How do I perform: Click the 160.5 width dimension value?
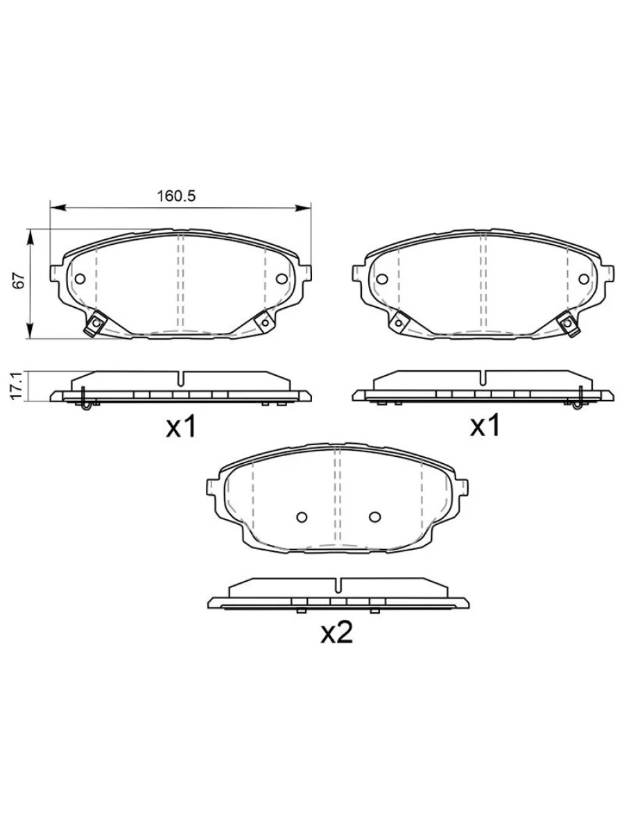click(x=176, y=196)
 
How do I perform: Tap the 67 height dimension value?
click(x=19, y=281)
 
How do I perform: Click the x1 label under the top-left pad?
click(x=181, y=426)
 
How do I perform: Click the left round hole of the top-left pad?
click(x=80, y=279)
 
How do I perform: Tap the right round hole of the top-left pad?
click(x=281, y=279)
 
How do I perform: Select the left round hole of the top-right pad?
click(x=382, y=279)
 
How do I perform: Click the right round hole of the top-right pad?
click(x=584, y=279)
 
